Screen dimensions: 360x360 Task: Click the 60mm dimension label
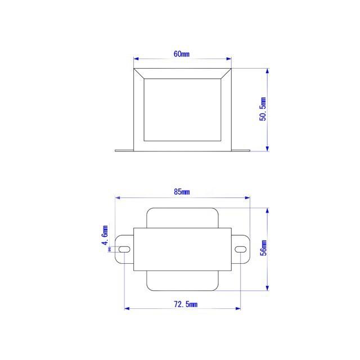(182, 54)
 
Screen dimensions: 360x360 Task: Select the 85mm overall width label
(182, 192)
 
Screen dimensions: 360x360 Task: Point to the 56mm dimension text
(263, 249)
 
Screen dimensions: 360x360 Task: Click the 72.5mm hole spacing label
(183, 304)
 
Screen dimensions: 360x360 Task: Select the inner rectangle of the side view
(182, 109)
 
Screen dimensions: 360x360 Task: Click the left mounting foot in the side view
(124, 150)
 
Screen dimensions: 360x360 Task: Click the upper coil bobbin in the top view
(182, 218)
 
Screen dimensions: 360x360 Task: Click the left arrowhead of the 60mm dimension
(136, 58)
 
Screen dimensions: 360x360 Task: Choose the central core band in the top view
(182, 249)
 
